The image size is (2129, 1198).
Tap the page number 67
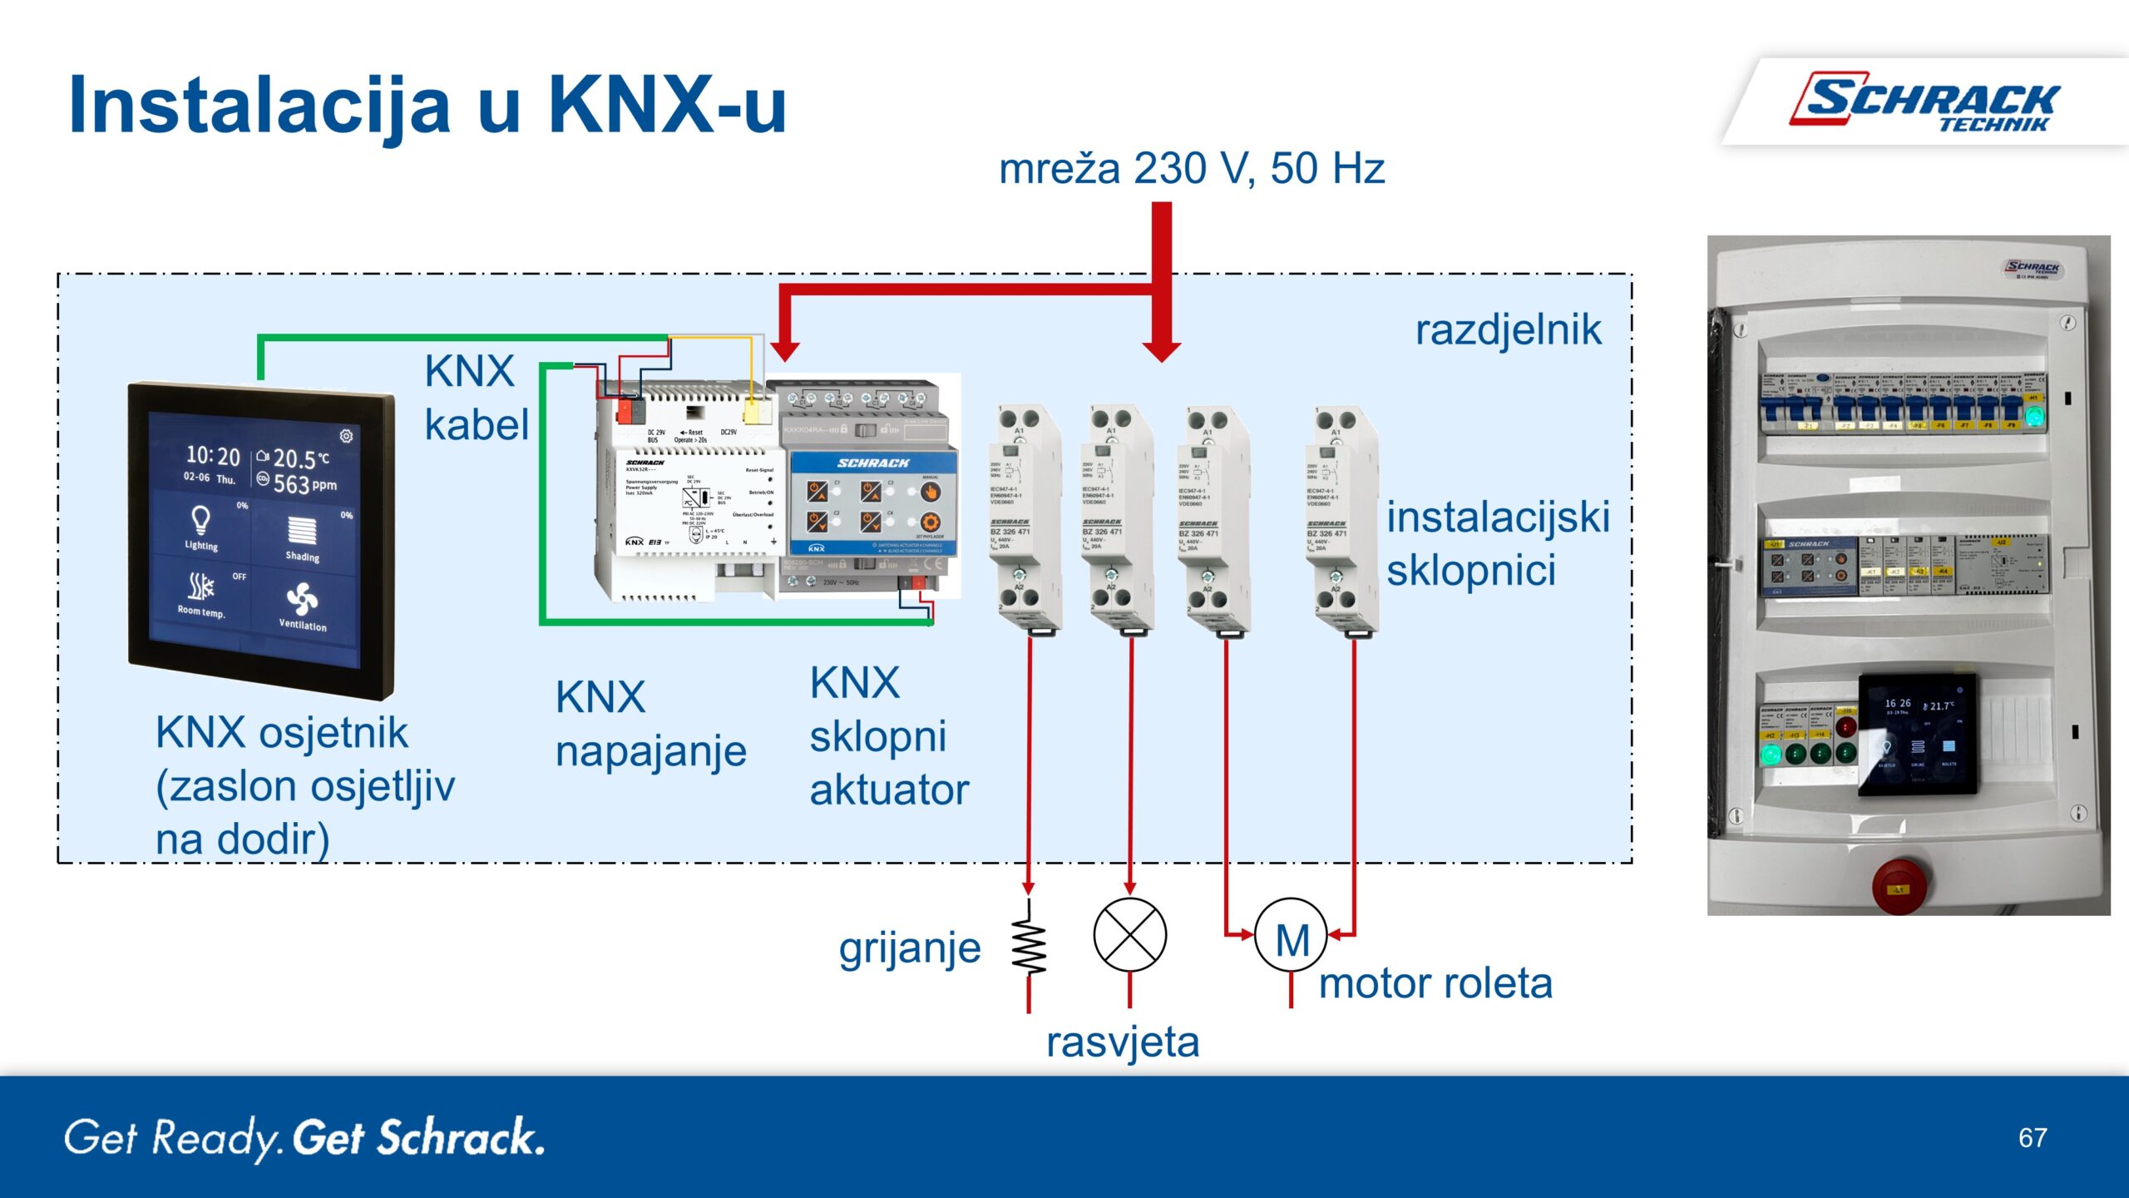pyautogui.click(x=2032, y=1137)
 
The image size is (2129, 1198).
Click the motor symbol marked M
pyautogui.click(x=1291, y=936)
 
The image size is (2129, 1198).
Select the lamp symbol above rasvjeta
pyautogui.click(x=1129, y=934)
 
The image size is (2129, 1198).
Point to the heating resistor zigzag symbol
pyautogui.click(x=1029, y=946)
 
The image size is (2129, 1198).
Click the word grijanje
pyautogui.click(x=910, y=948)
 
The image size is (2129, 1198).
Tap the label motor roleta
pyautogui.click(x=1435, y=983)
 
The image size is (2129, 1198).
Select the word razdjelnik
pyautogui.click(x=1508, y=329)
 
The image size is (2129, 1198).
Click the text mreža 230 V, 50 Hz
pyautogui.click(x=1191, y=169)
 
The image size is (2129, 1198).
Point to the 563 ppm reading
pyautogui.click(x=304, y=484)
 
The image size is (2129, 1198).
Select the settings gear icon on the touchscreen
pyautogui.click(x=346, y=436)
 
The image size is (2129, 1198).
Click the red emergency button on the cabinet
pyautogui.click(x=1899, y=885)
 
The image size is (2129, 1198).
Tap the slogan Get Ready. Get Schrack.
pyautogui.click(x=304, y=1137)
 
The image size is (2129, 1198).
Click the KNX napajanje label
pyautogui.click(x=650, y=724)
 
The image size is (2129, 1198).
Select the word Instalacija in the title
pyautogui.click(x=259, y=106)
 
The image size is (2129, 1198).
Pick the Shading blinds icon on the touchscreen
pyautogui.click(x=302, y=530)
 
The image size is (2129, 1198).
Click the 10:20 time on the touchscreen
pyautogui.click(x=213, y=455)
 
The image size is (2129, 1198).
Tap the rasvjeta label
pyautogui.click(x=1123, y=1042)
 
